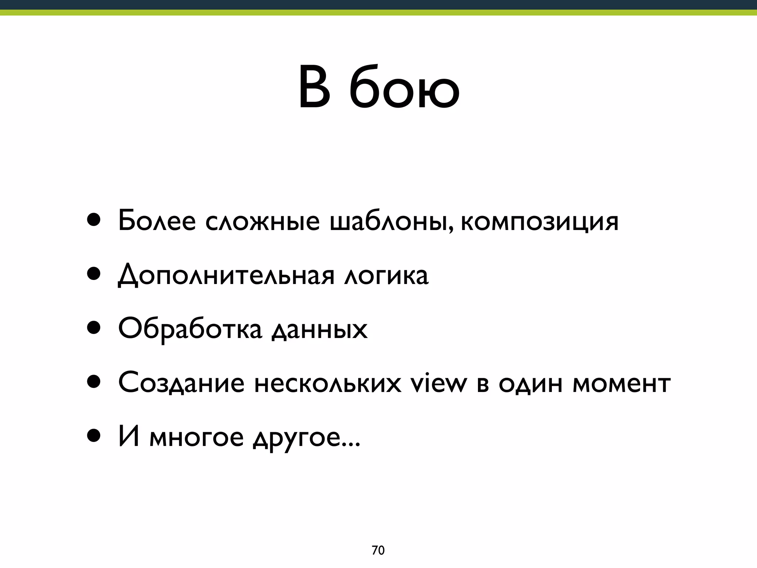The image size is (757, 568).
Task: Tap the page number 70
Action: (x=378, y=550)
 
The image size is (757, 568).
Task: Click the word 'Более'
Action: (x=157, y=221)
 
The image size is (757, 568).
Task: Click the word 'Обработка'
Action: (x=190, y=329)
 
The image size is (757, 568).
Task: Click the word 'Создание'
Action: (x=181, y=383)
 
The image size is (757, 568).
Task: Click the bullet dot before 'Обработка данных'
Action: (x=94, y=328)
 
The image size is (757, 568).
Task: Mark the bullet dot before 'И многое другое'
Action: (x=94, y=436)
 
